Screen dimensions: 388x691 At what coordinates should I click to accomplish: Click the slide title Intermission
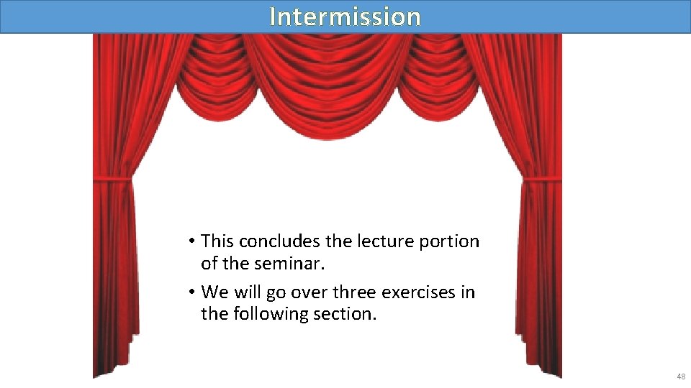tap(345, 17)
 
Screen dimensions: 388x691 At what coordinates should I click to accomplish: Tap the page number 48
tap(680, 377)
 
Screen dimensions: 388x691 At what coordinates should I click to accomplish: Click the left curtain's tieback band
tap(112, 177)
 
